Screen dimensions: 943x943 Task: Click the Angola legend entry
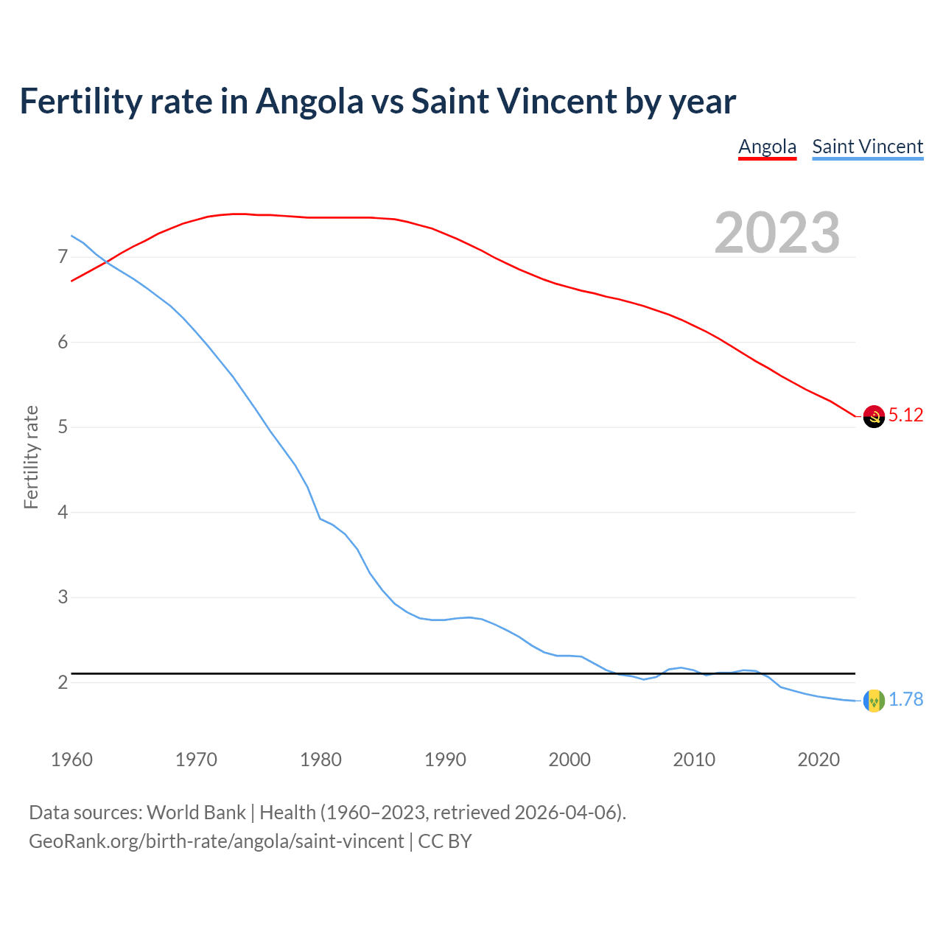click(x=767, y=147)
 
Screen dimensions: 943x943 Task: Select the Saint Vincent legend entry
click(x=867, y=147)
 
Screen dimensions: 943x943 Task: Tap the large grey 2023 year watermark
click(x=777, y=233)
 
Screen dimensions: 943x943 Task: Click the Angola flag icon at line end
click(x=873, y=416)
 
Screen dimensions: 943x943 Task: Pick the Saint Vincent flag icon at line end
click(x=873, y=700)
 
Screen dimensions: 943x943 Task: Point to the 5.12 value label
click(x=905, y=416)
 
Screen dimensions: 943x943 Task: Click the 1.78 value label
click(x=905, y=700)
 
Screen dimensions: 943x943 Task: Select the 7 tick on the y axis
click(x=63, y=257)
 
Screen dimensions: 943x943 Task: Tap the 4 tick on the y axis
click(x=63, y=512)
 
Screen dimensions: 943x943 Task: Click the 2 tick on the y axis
click(x=63, y=682)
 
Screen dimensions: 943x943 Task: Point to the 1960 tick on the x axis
click(x=71, y=760)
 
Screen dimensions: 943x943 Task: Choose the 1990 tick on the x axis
click(x=445, y=760)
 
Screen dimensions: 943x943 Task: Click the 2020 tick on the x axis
click(x=818, y=760)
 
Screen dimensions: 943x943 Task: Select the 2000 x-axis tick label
click(x=569, y=760)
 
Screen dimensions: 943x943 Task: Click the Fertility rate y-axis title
click(x=31, y=457)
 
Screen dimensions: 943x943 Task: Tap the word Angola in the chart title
click(x=309, y=102)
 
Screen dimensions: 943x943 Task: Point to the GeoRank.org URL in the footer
click(x=216, y=841)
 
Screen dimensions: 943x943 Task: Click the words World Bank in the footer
click(x=196, y=813)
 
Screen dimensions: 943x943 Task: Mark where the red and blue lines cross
click(x=105, y=261)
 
